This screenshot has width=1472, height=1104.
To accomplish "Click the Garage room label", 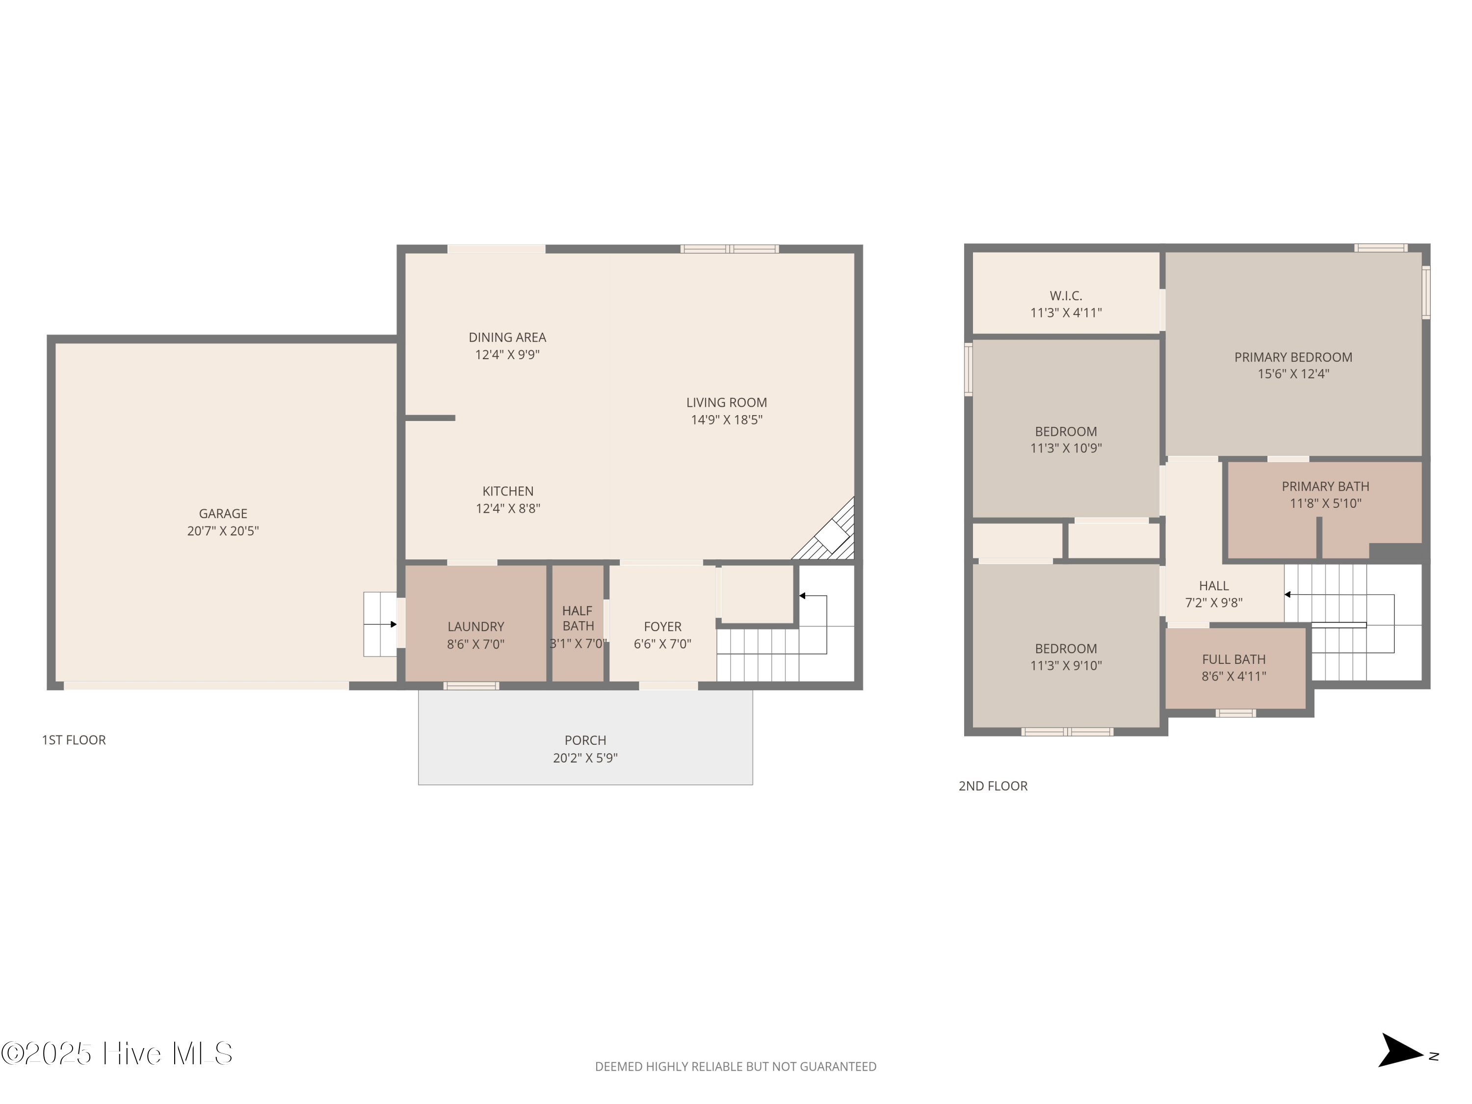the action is tap(223, 514).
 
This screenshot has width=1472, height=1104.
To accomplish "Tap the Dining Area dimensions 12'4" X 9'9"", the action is tap(507, 355).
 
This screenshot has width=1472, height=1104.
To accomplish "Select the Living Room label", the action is tap(727, 403).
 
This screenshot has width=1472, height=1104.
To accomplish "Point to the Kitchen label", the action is tap(508, 491).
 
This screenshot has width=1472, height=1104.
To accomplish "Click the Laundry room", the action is tap(476, 624).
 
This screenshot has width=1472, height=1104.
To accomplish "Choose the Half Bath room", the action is tap(578, 624).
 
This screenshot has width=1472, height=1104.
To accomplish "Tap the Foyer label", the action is tap(663, 627).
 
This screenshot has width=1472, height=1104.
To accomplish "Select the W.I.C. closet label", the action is tap(1066, 295).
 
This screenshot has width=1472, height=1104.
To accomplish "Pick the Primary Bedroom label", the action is tap(1293, 357).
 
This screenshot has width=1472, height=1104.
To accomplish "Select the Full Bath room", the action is tap(1235, 668).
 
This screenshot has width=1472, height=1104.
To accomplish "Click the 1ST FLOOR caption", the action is tap(74, 740).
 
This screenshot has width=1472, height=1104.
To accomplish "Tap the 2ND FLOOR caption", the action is tap(993, 786).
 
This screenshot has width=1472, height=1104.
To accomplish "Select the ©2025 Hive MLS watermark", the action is tap(117, 1053).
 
